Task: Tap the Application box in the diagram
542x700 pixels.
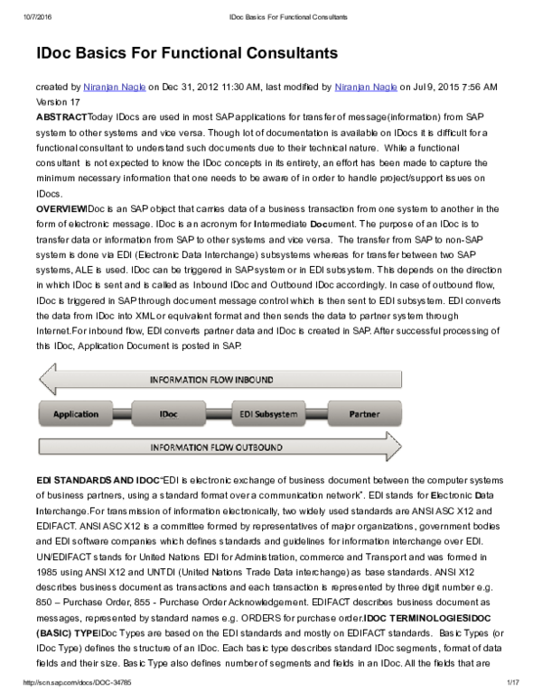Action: pyautogui.click(x=76, y=414)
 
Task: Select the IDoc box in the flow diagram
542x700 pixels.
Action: pyautogui.click(x=168, y=414)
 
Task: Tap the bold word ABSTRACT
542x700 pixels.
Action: pyautogui.click(x=61, y=117)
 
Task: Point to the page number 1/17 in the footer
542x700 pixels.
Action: pyautogui.click(x=514, y=682)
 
